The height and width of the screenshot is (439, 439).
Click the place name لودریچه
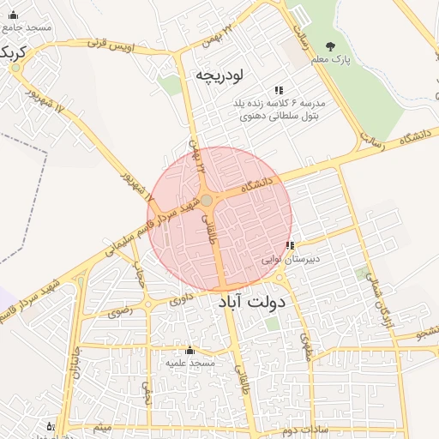click(221, 74)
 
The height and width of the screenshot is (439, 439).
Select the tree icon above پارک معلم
click(331, 46)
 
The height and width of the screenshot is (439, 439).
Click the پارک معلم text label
click(331, 60)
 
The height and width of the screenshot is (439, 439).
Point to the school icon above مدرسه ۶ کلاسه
click(278, 90)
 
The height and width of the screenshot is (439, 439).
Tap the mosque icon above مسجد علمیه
click(190, 352)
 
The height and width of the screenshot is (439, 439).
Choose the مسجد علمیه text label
click(190, 364)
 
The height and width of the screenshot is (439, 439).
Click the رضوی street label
click(120, 312)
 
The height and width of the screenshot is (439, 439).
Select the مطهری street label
click(305, 342)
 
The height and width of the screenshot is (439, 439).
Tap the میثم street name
click(103, 426)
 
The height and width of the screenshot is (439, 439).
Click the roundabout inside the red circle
click(207, 200)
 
